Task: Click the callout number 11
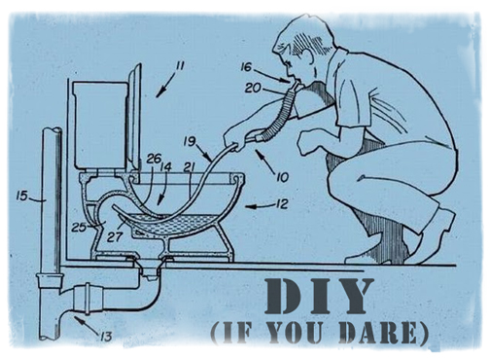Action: [179, 66]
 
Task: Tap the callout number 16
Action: [246, 67]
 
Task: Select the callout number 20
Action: [253, 88]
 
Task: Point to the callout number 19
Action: [190, 142]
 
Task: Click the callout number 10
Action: [282, 177]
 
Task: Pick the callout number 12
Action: [282, 204]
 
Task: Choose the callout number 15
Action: [22, 196]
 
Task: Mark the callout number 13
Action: [106, 337]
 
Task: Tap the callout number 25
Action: [79, 227]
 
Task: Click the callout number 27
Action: [115, 236]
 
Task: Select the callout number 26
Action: [154, 159]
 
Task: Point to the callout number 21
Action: [189, 167]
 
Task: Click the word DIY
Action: [319, 297]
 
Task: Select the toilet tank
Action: [99, 125]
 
